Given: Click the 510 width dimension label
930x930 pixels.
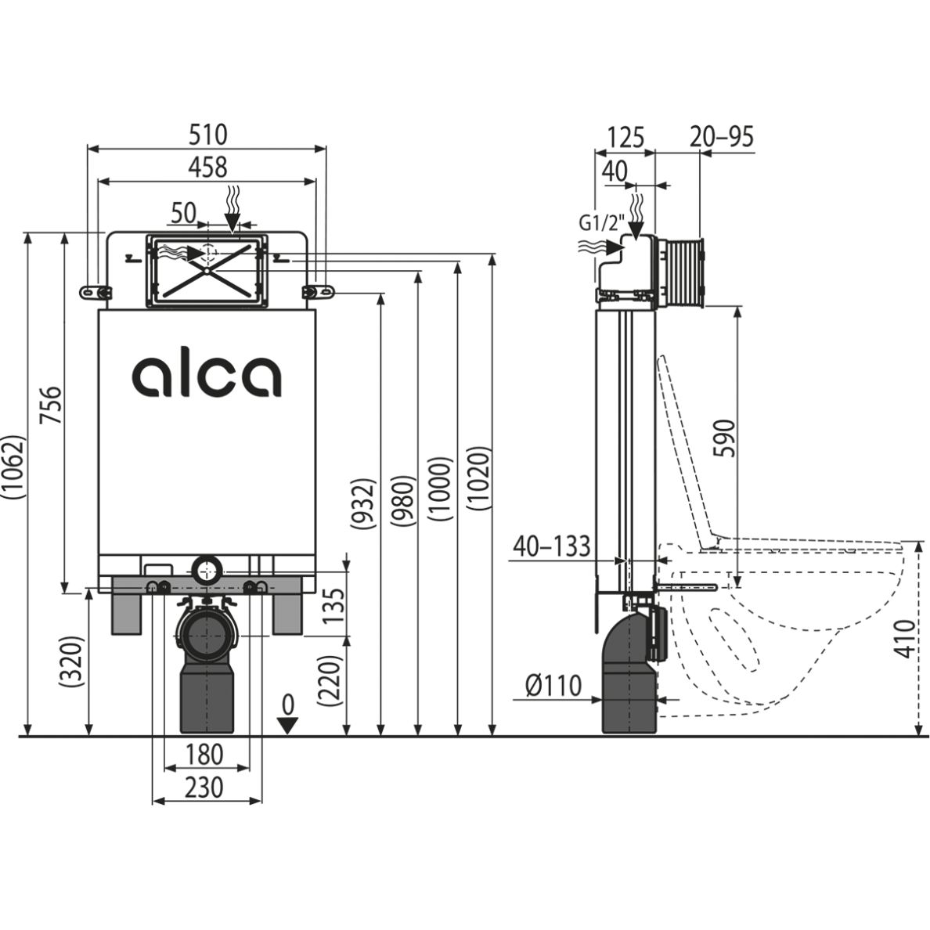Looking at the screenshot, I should coord(207,135).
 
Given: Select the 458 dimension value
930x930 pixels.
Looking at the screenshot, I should coord(207,167).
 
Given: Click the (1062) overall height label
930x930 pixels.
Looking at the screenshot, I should coord(15,467).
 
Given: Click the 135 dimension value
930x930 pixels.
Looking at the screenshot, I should coord(333,605).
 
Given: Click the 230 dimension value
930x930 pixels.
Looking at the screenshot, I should coord(205,787).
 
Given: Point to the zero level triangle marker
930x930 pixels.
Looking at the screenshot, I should coord(289,724).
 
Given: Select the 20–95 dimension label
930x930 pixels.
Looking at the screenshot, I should coord(722,137).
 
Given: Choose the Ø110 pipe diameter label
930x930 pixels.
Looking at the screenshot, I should coord(553,687).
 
